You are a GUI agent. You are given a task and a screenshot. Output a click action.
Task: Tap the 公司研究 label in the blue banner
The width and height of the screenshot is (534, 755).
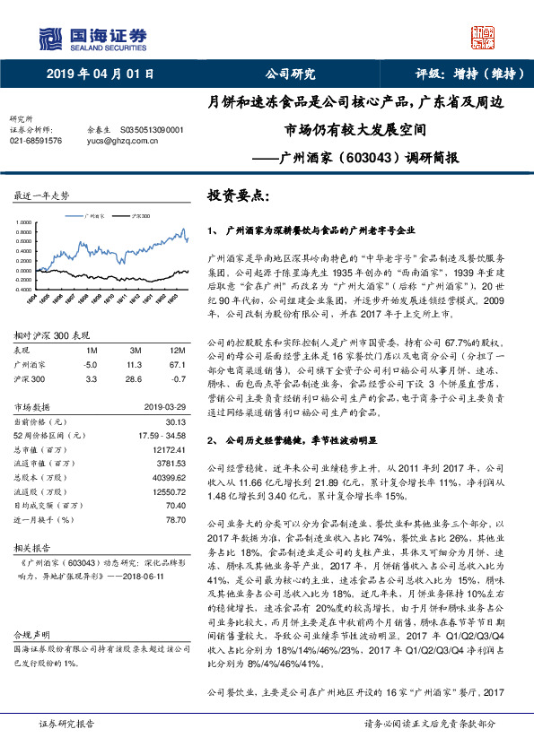[x=290, y=75]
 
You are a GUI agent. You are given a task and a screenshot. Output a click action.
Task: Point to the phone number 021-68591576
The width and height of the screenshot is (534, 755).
[x=36, y=141]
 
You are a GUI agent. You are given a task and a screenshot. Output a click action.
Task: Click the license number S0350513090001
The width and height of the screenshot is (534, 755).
[x=152, y=129]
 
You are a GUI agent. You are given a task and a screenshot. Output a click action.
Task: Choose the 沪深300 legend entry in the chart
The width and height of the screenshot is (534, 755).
[x=140, y=216]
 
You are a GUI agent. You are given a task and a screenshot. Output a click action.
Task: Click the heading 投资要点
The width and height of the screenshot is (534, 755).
[x=239, y=195]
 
